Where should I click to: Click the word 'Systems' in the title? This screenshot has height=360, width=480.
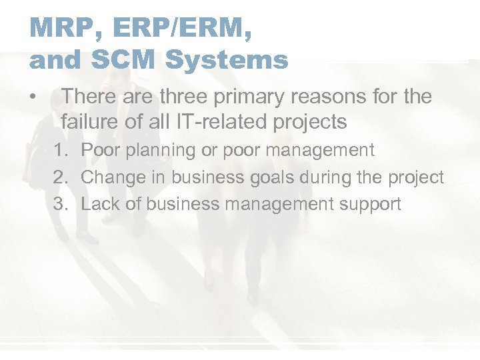click(x=227, y=60)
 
